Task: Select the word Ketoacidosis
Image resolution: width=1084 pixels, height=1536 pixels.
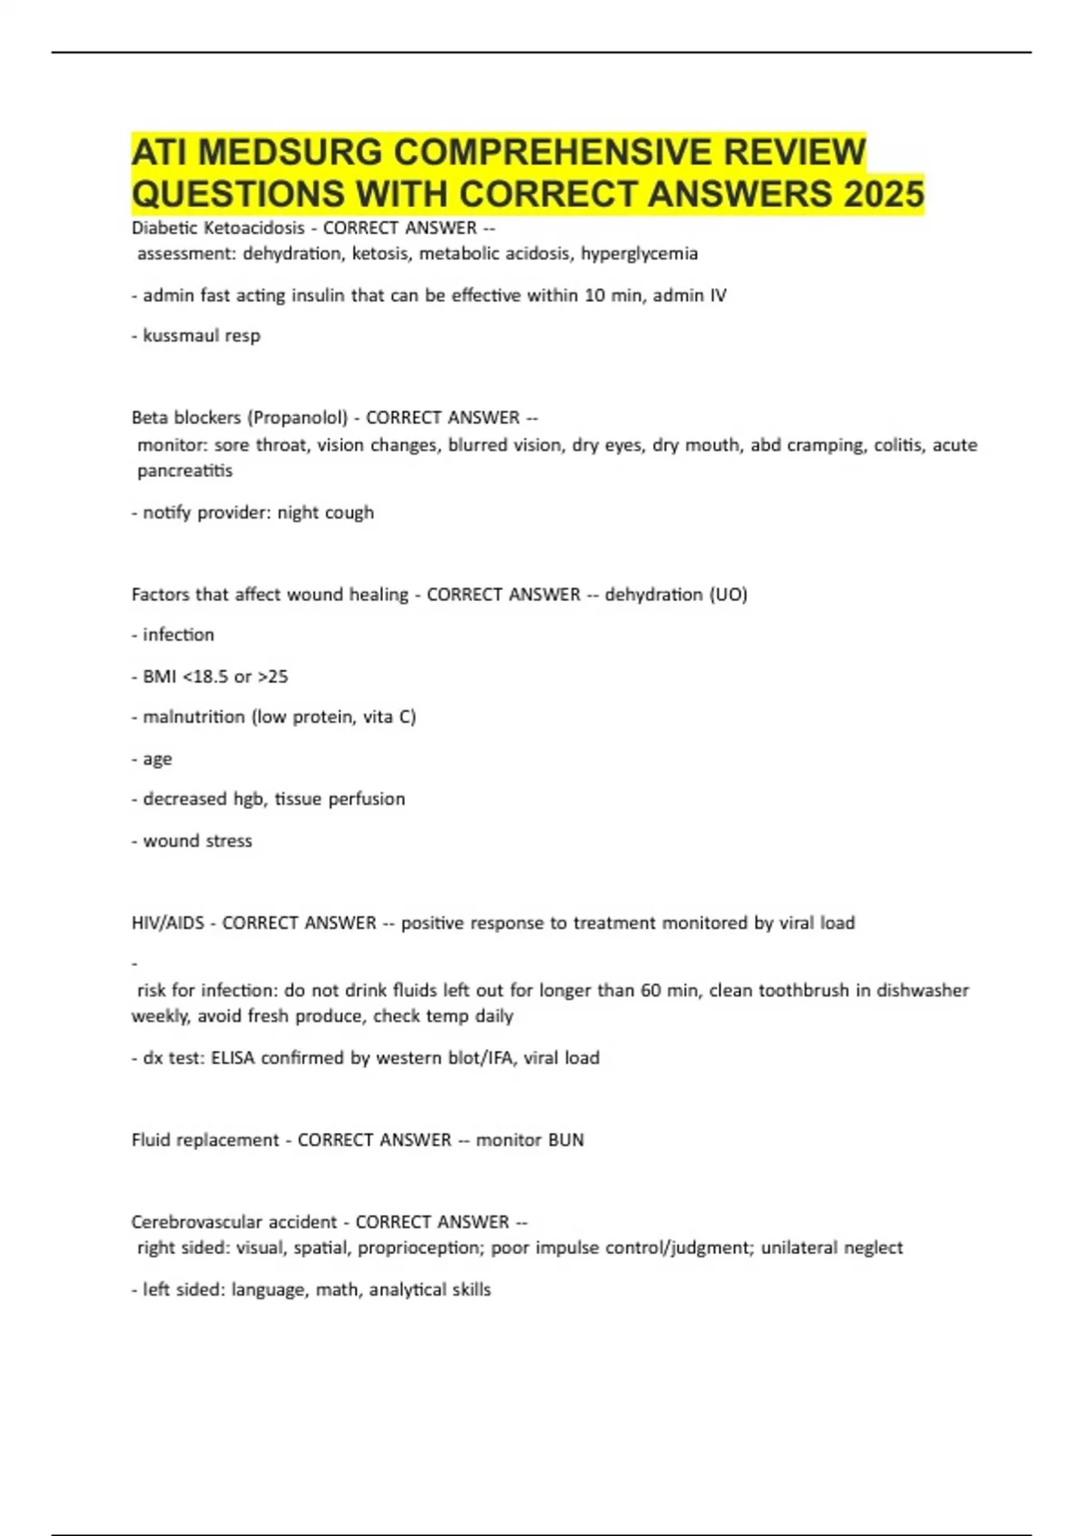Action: (255, 228)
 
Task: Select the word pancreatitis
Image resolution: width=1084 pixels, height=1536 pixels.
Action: (184, 471)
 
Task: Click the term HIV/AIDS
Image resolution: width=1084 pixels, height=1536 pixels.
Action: (167, 923)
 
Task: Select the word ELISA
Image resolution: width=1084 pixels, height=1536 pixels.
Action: (232, 1058)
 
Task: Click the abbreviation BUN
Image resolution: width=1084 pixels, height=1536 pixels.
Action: (565, 1140)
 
